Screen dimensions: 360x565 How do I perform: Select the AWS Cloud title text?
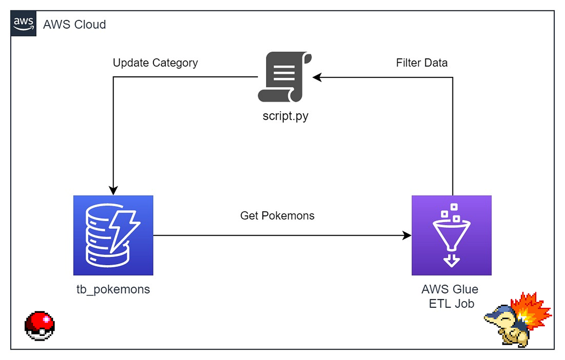74,24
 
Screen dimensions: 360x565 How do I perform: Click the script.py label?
285,116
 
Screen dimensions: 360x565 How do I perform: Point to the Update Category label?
155,63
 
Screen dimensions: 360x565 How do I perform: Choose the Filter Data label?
421,63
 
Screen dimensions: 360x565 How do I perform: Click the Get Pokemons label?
277,216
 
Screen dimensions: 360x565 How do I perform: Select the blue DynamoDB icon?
113,235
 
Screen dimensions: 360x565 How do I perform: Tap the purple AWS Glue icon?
451,235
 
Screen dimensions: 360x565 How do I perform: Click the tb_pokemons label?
113,289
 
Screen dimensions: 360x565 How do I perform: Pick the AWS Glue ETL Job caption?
451,296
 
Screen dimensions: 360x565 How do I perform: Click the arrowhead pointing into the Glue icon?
407,235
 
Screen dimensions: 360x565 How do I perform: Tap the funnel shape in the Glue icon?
451,235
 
